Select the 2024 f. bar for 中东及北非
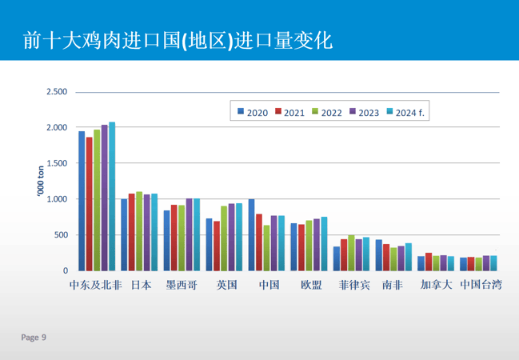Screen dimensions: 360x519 112,197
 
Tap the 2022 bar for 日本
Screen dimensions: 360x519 139,232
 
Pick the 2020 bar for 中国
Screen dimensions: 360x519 251,235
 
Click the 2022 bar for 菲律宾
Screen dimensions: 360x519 351,254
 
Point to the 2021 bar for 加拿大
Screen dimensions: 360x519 429,262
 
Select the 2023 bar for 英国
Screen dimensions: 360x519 232,238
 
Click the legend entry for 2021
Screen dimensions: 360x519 289,113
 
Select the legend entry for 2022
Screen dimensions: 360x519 326,113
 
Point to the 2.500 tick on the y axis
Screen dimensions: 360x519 57,92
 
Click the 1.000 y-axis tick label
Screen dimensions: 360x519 57,199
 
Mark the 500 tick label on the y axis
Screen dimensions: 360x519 61,235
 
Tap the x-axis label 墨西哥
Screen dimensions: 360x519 182,285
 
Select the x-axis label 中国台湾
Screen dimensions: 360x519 481,285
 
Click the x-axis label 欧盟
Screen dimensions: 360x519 312,285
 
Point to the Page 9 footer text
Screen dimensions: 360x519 34,338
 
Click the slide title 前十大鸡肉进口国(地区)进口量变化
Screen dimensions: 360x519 178,39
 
